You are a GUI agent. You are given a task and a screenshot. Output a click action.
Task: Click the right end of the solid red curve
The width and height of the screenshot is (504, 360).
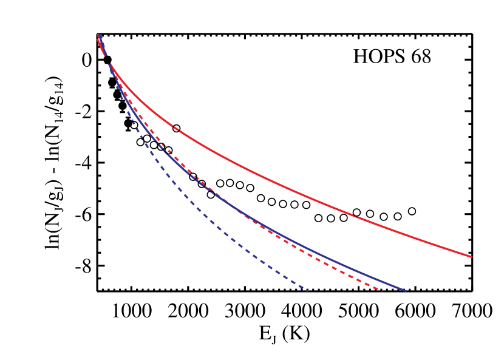(471, 257)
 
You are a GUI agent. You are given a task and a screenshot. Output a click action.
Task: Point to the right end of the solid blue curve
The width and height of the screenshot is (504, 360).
(405, 291)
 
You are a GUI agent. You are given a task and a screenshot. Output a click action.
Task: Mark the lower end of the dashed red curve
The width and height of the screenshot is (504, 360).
(381, 290)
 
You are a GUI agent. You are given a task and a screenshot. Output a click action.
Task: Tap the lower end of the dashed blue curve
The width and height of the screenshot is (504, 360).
(308, 291)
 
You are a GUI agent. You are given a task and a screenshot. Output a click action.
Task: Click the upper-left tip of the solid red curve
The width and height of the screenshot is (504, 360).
(98, 38)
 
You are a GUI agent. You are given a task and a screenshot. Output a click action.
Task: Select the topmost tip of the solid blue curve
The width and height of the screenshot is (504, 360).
(99, 35)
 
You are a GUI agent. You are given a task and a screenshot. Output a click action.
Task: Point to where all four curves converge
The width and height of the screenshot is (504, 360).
(107, 59)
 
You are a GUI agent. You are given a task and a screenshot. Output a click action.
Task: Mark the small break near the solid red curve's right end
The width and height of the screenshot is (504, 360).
(355, 215)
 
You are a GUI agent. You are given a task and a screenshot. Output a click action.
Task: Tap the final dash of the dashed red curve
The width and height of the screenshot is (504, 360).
(378, 288)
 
